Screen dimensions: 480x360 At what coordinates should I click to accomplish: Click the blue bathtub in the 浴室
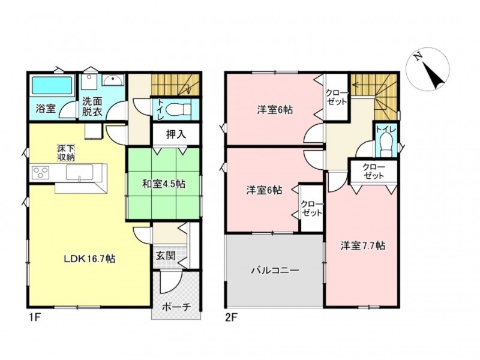pos(52,85)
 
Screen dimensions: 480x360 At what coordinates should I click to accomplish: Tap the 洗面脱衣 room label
pos(92,107)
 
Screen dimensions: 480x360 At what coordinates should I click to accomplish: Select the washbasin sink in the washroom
pos(113,80)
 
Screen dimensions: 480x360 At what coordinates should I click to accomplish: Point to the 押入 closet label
pos(176,134)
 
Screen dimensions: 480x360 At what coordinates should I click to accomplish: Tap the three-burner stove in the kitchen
pos(41,172)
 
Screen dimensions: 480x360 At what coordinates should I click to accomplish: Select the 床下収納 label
pos(66,153)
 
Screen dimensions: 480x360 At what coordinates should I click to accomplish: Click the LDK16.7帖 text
pos(89,259)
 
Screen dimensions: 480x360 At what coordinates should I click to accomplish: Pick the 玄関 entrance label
pos(166,256)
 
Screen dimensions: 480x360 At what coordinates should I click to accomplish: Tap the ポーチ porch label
pos(176,307)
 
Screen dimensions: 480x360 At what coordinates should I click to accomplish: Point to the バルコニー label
pos(275,271)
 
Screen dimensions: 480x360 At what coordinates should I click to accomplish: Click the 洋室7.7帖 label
pos(363,246)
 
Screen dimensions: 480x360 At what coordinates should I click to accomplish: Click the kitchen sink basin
pos(80,173)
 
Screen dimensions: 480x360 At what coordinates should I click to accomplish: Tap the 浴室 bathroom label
pos(46,109)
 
